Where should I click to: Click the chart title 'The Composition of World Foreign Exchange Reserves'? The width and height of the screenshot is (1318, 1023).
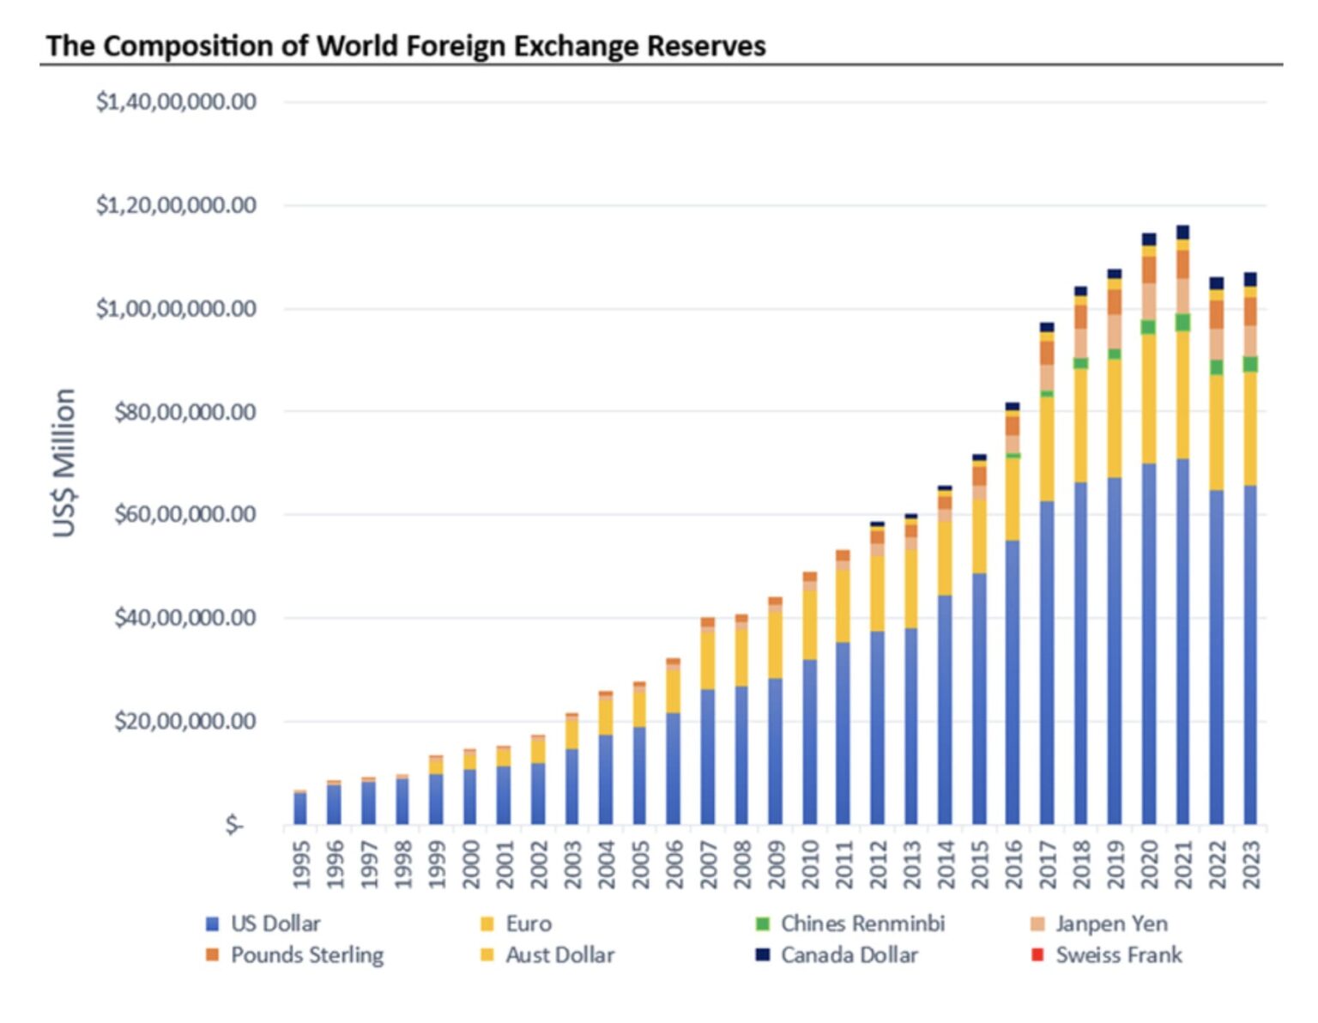[x=405, y=45]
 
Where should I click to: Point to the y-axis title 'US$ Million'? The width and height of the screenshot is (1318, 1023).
[x=64, y=463]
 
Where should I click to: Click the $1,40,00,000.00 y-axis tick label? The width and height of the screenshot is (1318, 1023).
[x=176, y=102]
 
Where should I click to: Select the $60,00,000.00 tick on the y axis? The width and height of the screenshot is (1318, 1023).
[x=184, y=515]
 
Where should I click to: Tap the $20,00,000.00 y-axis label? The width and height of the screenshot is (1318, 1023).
[x=184, y=721]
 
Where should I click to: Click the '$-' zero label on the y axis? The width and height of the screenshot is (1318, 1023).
[x=234, y=825]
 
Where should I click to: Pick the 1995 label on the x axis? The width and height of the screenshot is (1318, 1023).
[x=300, y=863]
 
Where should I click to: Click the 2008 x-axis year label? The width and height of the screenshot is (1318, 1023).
[x=741, y=863]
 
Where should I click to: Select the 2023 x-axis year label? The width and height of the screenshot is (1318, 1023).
[x=1250, y=863]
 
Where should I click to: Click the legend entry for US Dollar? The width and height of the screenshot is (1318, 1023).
[x=275, y=924]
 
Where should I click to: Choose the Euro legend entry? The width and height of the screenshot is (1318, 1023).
[x=528, y=924]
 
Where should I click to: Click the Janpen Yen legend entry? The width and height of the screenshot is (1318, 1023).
[x=1110, y=924]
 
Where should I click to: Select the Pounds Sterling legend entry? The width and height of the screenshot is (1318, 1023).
[x=306, y=955]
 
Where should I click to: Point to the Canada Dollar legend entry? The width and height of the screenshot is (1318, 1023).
[x=848, y=955]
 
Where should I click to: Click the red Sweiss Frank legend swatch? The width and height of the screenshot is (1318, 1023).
[x=1037, y=955]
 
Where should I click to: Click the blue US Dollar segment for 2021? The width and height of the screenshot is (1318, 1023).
[x=1182, y=644]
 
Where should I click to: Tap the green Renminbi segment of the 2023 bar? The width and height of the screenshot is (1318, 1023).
[x=1250, y=364]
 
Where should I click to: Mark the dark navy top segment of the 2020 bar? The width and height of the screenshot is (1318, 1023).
[x=1149, y=239]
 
